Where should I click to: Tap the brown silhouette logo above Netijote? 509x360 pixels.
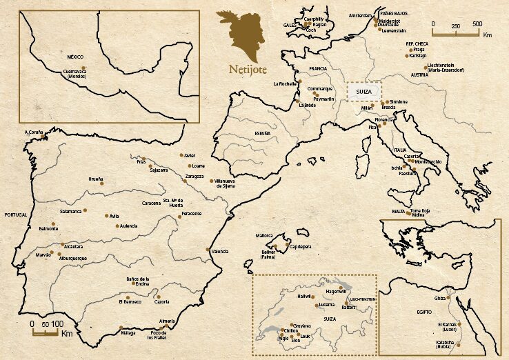tap(241, 34)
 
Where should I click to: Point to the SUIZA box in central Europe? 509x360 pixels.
tap(362, 91)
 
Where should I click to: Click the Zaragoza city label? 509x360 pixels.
tap(194, 176)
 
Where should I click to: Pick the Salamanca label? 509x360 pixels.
tap(71, 210)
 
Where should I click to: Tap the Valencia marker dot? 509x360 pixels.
tap(208, 249)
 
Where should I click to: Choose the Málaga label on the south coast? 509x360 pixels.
tap(128, 332)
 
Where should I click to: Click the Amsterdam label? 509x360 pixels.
tap(360, 15)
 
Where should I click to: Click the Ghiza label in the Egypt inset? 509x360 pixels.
tap(440, 298)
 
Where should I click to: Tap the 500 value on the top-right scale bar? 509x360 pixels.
tap(477, 23)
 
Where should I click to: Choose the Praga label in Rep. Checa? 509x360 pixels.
tap(419, 50)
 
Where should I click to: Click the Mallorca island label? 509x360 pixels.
tap(266, 235)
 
